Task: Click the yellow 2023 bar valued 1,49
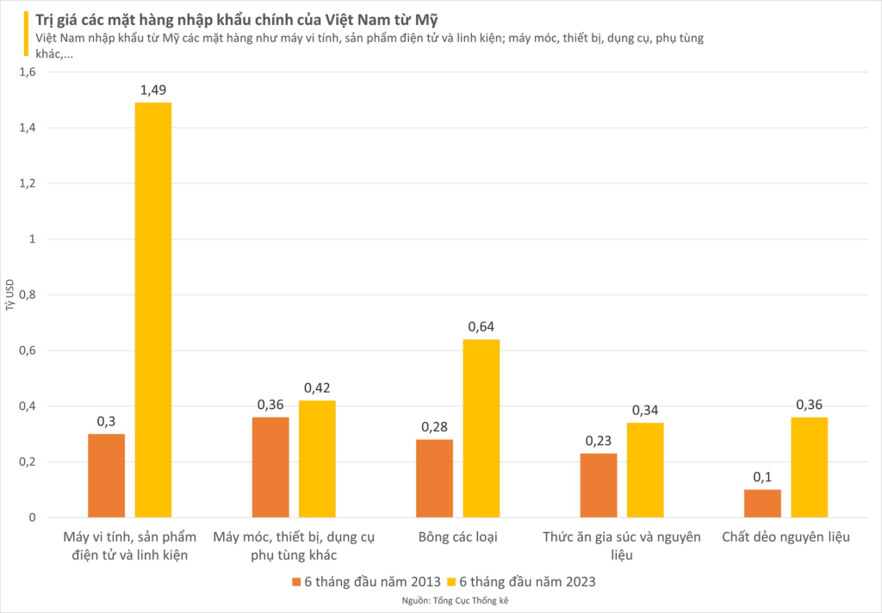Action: click(x=153, y=310)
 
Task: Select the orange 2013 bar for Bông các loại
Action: click(x=434, y=478)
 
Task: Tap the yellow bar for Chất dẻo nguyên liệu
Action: click(x=810, y=467)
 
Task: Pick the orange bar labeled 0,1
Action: click(x=762, y=503)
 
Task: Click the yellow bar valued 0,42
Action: click(x=317, y=459)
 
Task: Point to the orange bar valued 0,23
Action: click(x=599, y=485)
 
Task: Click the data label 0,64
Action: click(x=481, y=327)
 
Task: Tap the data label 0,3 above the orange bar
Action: click(x=106, y=421)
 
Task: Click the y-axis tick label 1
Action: click(x=32, y=238)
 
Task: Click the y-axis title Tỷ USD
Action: click(x=9, y=294)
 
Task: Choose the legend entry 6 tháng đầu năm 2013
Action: click(x=365, y=582)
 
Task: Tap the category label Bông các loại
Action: click(x=457, y=537)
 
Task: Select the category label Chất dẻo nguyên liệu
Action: click(x=786, y=537)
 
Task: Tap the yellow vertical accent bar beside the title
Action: click(x=26, y=34)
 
